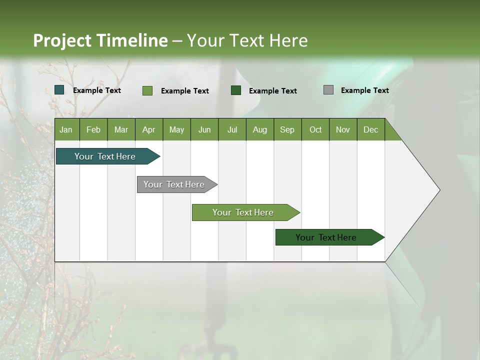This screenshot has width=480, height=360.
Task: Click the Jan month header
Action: tap(66, 129)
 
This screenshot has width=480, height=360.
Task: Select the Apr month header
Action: tap(149, 129)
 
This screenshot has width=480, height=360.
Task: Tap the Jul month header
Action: tap(232, 129)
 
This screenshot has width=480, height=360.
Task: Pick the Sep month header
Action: tap(287, 129)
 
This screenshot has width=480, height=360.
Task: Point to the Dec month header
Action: tap(371, 129)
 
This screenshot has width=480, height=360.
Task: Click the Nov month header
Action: tap(343, 129)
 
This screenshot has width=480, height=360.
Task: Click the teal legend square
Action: tap(59, 90)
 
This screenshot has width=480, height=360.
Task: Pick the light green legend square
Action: tap(147, 90)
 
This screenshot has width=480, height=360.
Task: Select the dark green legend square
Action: tap(236, 90)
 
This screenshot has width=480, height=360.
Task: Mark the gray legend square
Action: tap(328, 90)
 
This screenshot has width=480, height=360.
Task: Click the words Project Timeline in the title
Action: tap(100, 40)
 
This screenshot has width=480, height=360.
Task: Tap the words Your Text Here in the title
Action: tap(247, 40)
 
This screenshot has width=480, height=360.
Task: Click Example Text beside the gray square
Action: tap(364, 90)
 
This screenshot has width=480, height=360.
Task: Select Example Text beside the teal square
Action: tap(96, 90)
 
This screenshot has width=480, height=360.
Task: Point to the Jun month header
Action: tap(204, 129)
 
